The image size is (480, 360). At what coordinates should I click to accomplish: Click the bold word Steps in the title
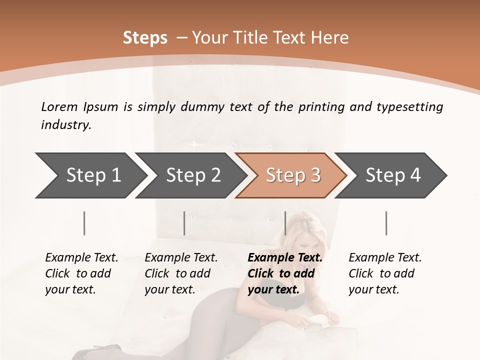pyautogui.click(x=145, y=38)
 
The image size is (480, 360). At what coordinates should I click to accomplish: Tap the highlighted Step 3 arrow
pyautogui.click(x=293, y=175)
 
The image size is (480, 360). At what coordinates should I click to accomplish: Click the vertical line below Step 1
pyautogui.click(x=84, y=223)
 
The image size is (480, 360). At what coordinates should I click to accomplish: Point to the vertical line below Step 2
pyautogui.click(x=184, y=223)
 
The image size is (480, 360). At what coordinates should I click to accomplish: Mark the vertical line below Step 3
pyautogui.click(x=285, y=223)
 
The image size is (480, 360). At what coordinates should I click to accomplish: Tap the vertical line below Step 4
pyautogui.click(x=386, y=223)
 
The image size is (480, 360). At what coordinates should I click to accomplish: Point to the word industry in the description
pyautogui.click(x=66, y=125)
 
